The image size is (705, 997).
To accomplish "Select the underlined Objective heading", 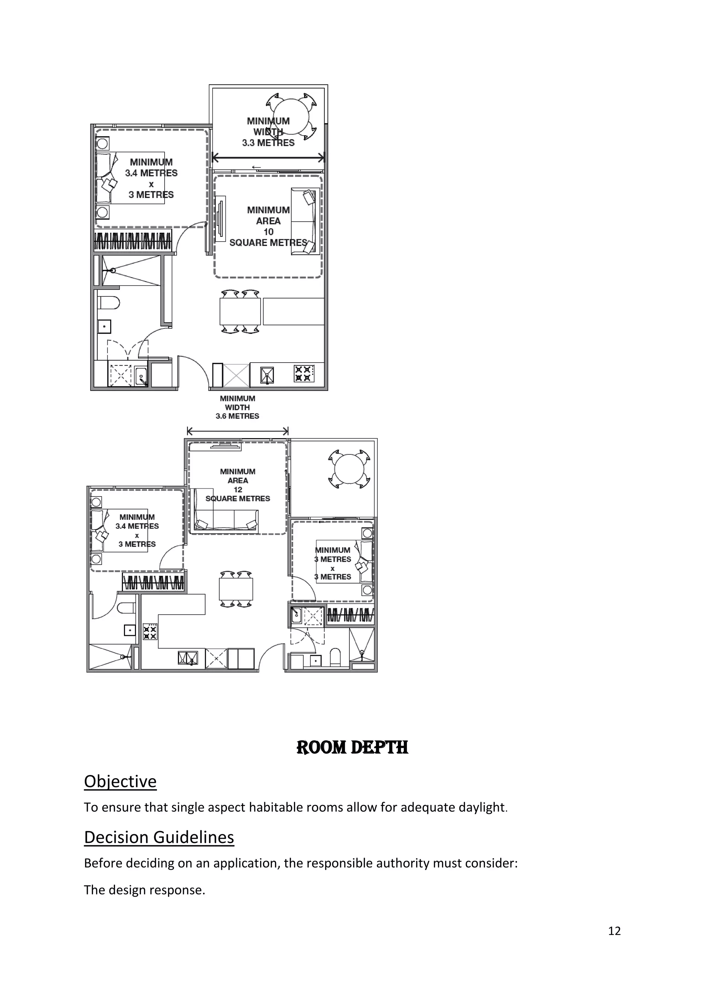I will click(x=120, y=781).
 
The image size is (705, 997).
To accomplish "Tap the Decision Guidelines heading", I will click(x=159, y=837).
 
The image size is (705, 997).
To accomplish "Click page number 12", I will click(x=614, y=931).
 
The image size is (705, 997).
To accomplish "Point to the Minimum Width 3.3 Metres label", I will click(x=268, y=132).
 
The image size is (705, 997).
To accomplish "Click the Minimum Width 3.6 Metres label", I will click(x=238, y=407).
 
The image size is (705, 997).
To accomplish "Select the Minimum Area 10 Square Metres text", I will click(x=268, y=226).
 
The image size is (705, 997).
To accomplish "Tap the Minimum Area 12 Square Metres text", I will click(x=238, y=485).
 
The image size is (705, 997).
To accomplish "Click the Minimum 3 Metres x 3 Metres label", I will click(x=333, y=563).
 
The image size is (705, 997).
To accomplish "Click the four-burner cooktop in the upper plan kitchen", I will click(x=303, y=374).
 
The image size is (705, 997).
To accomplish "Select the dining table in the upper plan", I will click(x=240, y=311).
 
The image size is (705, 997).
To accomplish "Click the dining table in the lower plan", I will click(x=236, y=589).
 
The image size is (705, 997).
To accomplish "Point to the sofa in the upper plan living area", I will click(x=305, y=221).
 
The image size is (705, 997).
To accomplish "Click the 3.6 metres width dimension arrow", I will click(x=238, y=431).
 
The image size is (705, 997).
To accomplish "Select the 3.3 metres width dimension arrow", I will click(x=268, y=158).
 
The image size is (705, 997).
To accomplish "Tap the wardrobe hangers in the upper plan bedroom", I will click(x=133, y=241).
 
